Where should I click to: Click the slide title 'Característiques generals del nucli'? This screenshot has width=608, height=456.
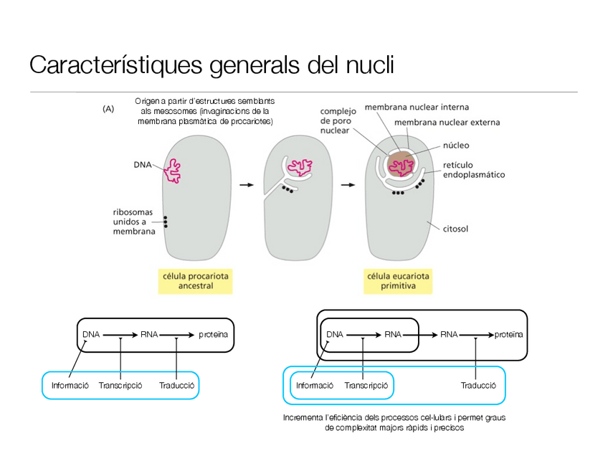[212, 65]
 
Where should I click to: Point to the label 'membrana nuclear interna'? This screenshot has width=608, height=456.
[417, 107]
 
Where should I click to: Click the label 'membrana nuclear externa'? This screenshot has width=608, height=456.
[447, 122]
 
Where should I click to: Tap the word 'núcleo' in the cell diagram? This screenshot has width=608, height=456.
[456, 145]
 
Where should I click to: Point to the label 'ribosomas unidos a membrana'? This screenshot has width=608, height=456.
[134, 222]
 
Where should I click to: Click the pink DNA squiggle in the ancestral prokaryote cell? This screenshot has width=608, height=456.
[173, 171]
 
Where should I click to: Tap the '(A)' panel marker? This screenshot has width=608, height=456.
[109, 109]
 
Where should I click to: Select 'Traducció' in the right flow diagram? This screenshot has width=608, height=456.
[478, 385]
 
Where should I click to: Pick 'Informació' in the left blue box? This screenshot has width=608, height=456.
[70, 385]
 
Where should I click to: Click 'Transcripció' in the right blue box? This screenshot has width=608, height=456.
[366, 385]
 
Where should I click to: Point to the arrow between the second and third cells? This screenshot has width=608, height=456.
[348, 185]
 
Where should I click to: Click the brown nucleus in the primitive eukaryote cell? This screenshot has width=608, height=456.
[401, 164]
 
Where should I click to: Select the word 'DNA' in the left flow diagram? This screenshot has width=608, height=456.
[91, 334]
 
